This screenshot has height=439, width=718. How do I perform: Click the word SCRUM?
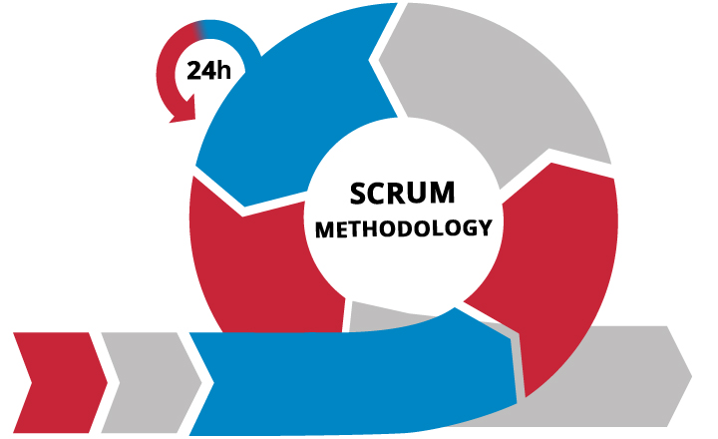pyautogui.click(x=404, y=192)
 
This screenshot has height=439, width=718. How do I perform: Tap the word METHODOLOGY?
pyautogui.click(x=404, y=227)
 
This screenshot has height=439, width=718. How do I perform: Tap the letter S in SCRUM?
pyautogui.click(x=359, y=192)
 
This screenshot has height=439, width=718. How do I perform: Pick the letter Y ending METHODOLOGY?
pyautogui.click(x=485, y=227)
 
